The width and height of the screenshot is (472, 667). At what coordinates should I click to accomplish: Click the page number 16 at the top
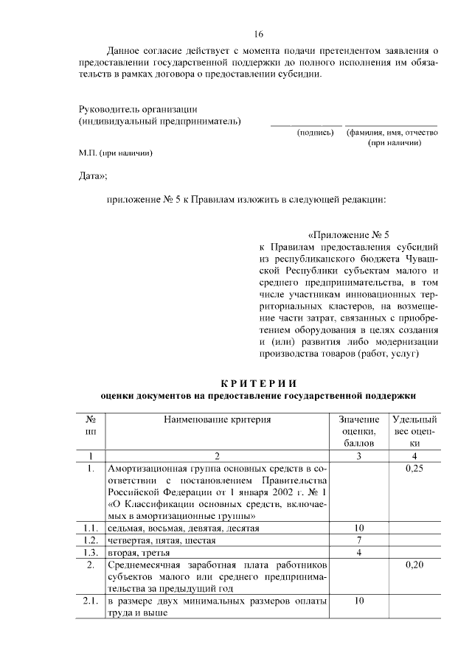[258, 34]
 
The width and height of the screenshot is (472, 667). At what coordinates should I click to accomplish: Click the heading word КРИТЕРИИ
[258, 383]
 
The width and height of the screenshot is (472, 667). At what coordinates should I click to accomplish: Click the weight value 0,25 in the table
[414, 468]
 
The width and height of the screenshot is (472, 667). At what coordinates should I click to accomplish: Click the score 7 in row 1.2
[358, 540]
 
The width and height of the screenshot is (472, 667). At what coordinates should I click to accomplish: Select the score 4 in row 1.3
[358, 552]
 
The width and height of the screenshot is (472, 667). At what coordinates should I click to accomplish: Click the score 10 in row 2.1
[358, 600]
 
